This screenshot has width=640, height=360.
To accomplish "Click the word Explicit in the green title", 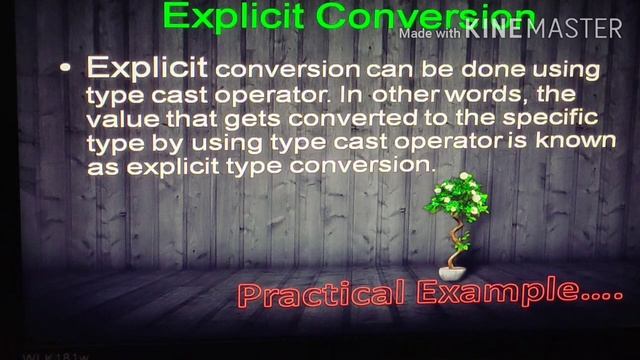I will click(223, 17).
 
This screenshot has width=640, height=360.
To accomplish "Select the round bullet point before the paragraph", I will click(66, 68).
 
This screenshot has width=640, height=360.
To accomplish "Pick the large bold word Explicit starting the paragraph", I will click(147, 68).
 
